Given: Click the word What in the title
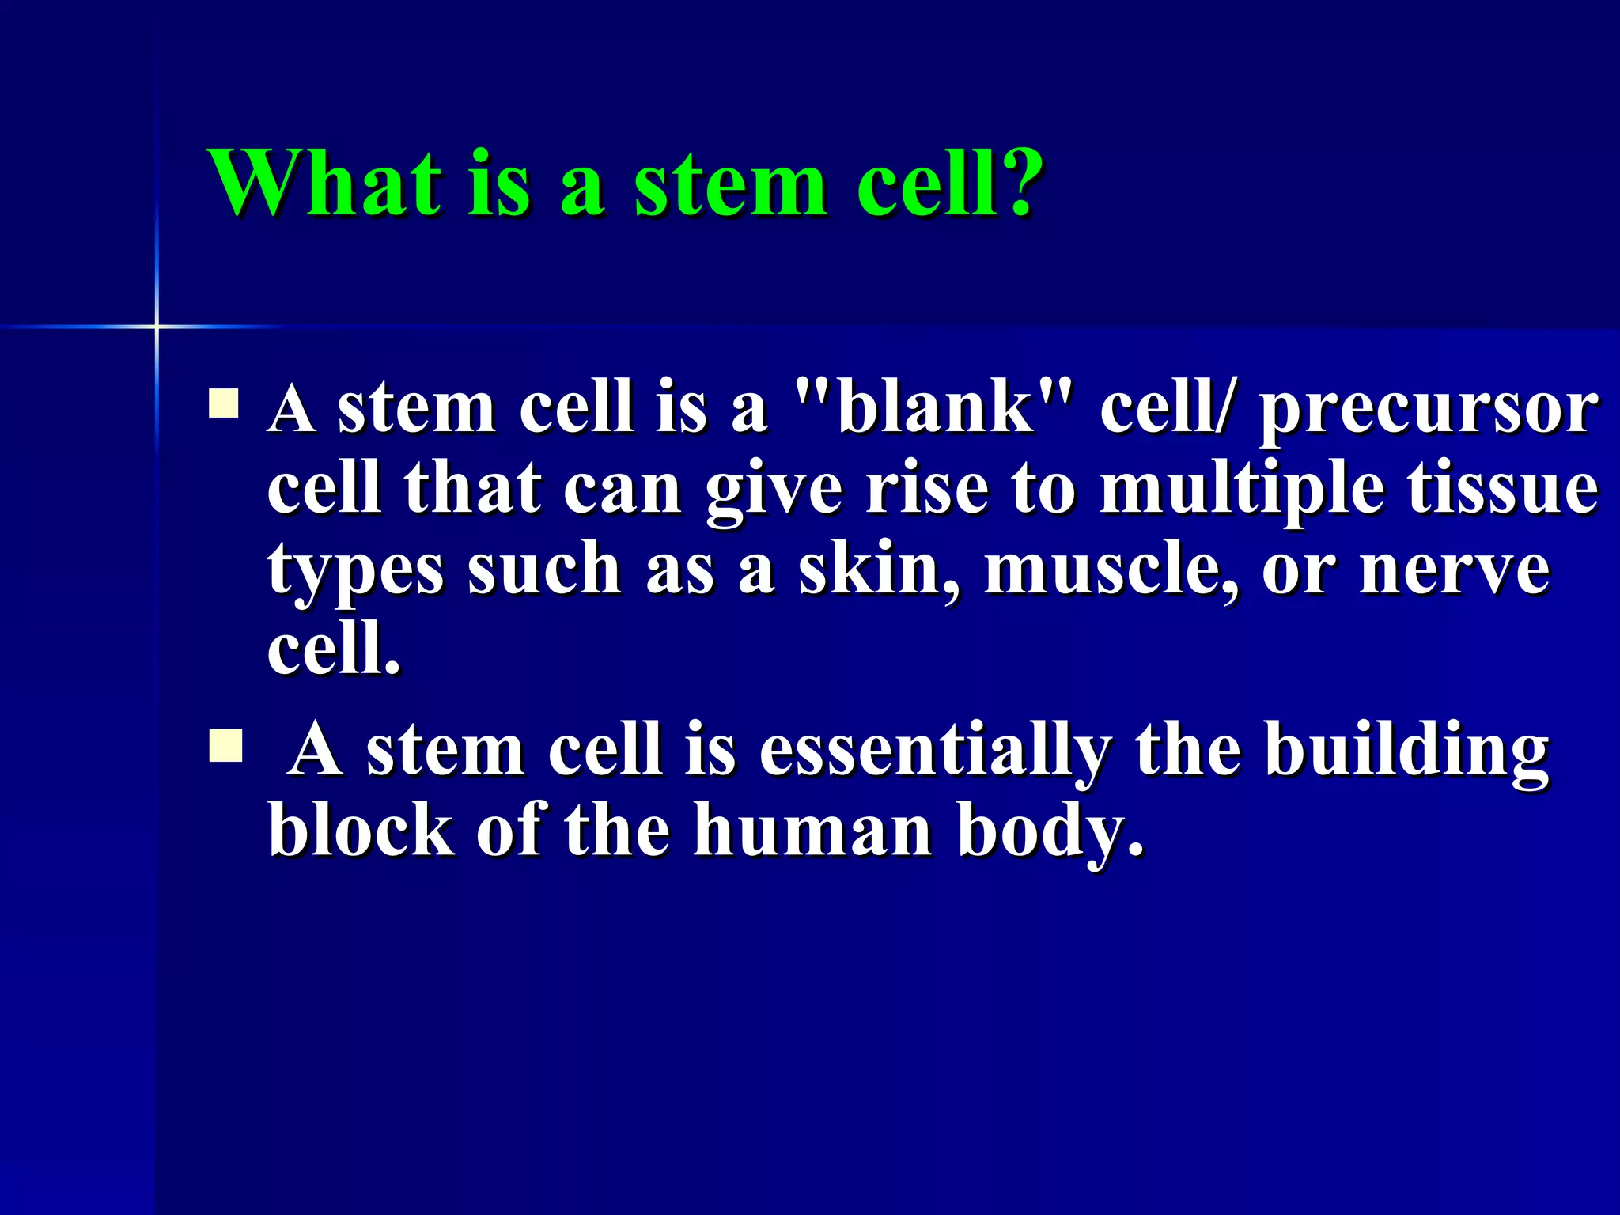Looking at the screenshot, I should click(324, 184).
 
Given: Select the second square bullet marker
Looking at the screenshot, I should click(225, 746).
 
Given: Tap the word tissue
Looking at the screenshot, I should click(1502, 488).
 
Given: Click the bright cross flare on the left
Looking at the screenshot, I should click(157, 326).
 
